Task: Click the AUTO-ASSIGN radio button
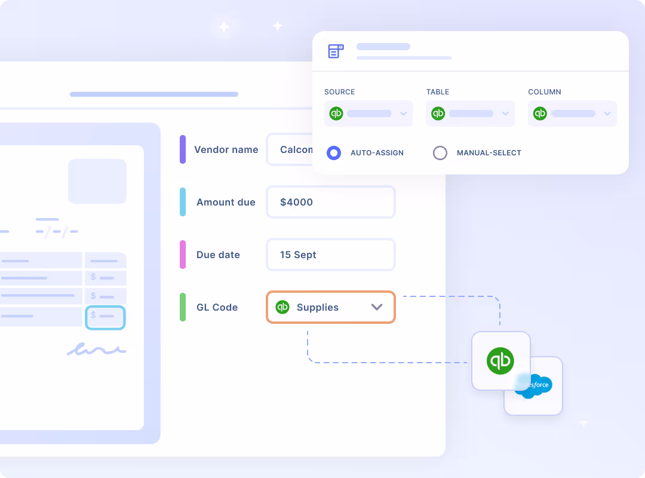click(334, 153)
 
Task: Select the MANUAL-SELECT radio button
click(440, 153)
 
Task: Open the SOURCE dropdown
click(368, 114)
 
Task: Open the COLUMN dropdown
click(572, 114)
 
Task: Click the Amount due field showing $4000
click(330, 202)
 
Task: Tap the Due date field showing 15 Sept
click(330, 255)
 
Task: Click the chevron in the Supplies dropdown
click(376, 307)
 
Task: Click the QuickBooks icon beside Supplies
click(282, 307)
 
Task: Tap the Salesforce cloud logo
click(534, 386)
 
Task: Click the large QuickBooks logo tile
click(500, 361)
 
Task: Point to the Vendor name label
click(226, 149)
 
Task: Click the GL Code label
click(217, 307)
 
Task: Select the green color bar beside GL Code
click(183, 307)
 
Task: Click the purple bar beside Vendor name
click(183, 149)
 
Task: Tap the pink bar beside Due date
click(183, 255)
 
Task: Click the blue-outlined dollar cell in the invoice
click(105, 317)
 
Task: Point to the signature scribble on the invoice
click(96, 350)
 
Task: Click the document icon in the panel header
click(336, 51)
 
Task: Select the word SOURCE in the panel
click(339, 92)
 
